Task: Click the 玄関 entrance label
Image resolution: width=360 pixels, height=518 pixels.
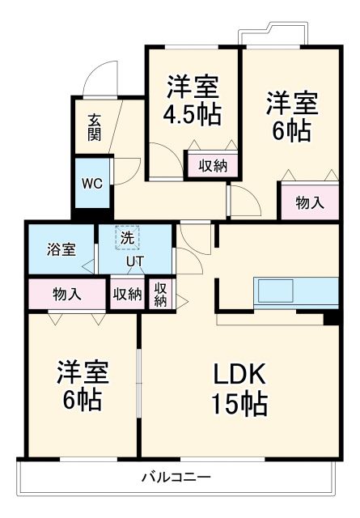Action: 95,126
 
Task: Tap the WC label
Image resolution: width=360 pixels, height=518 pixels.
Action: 91,182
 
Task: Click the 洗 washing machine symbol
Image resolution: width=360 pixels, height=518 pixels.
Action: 127,238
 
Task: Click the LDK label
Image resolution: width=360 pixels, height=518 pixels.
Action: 240,375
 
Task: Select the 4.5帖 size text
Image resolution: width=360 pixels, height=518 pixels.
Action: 193,113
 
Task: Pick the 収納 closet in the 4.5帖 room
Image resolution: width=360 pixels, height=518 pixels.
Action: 213,166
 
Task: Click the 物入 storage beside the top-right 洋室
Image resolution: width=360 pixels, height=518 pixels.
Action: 309,202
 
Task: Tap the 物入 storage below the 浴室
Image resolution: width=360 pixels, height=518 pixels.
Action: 67,294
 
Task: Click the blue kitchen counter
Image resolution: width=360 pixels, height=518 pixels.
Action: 296,291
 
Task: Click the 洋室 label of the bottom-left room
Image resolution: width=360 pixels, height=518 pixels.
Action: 82,373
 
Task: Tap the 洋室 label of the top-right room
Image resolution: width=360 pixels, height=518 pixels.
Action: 292,103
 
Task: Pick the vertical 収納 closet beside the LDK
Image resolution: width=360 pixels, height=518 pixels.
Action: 161,295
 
